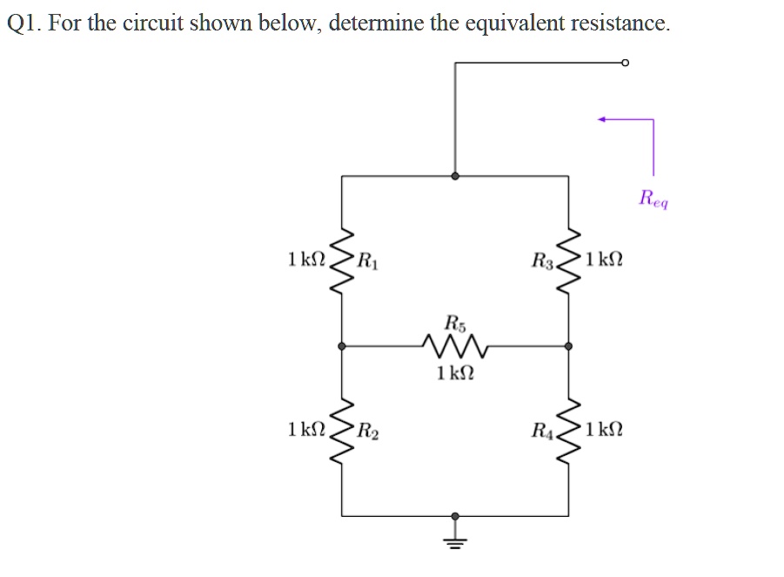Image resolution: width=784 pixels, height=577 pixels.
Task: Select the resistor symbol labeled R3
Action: click(569, 260)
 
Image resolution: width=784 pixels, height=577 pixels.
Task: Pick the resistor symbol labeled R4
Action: click(569, 430)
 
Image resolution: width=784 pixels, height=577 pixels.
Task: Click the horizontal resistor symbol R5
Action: click(455, 346)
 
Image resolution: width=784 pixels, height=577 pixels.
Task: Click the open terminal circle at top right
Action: click(625, 63)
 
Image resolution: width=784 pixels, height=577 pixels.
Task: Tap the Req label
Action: click(653, 198)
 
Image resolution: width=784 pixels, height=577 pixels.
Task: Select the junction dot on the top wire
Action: click(454, 176)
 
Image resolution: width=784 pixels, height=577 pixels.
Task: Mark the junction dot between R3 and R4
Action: click(569, 346)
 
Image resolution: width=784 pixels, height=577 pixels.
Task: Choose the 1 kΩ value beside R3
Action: click(606, 259)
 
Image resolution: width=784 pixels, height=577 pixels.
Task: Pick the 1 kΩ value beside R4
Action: click(606, 429)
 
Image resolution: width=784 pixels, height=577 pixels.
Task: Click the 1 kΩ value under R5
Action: click(455, 374)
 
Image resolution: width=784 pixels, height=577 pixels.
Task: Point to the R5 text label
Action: click(454, 322)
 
